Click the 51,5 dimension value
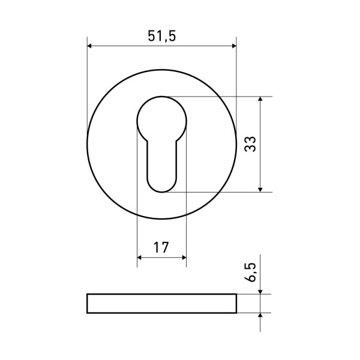click(x=161, y=35)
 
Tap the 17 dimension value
click(x=161, y=247)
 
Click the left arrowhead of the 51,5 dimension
click(x=91, y=46)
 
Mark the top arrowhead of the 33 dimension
click(x=260, y=100)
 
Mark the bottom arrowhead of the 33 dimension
click(x=260, y=188)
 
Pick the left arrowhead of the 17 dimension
click(x=140, y=257)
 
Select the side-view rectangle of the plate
click(x=161, y=304)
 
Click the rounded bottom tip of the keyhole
click(x=161, y=191)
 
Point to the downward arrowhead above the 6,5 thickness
click(x=260, y=290)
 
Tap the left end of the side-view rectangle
click(x=88, y=304)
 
